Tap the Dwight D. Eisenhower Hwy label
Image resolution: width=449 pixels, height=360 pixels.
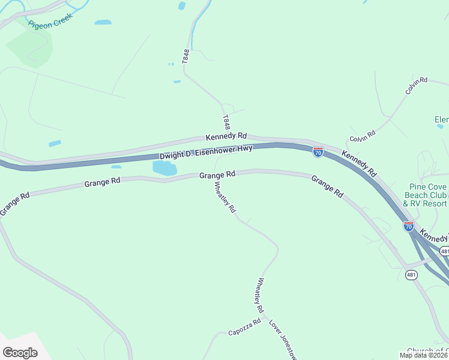click(x=206, y=152)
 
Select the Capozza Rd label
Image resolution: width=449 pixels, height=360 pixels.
click(x=244, y=327)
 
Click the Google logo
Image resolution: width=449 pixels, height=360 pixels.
click(x=20, y=352)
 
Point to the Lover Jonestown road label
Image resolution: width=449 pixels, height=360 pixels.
click(x=283, y=339)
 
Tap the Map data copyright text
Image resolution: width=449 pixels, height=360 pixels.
click(x=424, y=355)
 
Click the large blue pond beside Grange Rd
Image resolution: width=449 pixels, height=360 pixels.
click(x=164, y=169)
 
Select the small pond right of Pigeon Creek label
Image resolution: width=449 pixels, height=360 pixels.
click(x=103, y=22)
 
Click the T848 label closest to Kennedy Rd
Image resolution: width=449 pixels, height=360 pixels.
click(x=226, y=122)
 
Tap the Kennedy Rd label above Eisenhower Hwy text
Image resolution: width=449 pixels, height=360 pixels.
click(x=226, y=137)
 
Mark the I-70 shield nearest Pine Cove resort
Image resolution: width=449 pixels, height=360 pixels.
click(x=409, y=226)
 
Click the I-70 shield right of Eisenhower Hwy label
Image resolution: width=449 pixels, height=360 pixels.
click(x=318, y=152)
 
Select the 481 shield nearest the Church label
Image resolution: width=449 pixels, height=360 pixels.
click(x=411, y=275)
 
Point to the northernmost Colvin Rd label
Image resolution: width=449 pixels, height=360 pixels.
click(x=416, y=85)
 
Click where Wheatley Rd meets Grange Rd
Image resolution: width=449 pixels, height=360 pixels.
click(x=214, y=175)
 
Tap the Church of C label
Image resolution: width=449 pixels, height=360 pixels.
click(x=427, y=351)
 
